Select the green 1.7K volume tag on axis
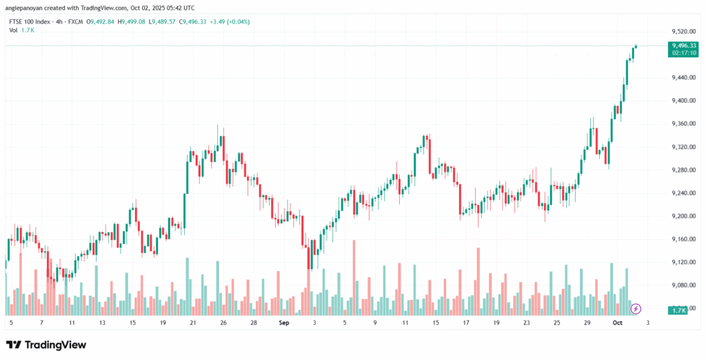tap(678, 310)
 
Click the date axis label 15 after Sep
tap(435, 322)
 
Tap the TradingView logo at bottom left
tap(46, 344)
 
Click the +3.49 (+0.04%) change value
tap(227, 22)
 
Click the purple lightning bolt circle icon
tap(636, 308)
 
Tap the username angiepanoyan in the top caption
tap(27, 8)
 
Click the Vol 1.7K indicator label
tap(19, 32)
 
